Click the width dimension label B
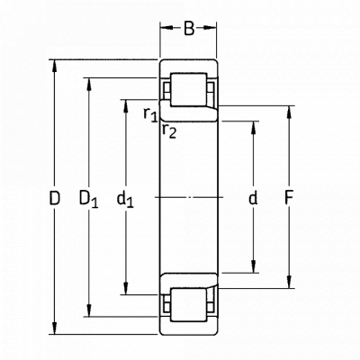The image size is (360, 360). click(189, 29)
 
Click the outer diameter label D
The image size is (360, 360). click(55, 198)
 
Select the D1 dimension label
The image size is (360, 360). click(88, 199)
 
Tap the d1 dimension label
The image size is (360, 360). click(125, 199)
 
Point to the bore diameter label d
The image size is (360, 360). click(253, 198)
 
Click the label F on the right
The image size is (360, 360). click(289, 198)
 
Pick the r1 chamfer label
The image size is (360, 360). click(150, 114)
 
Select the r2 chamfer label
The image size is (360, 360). click(169, 130)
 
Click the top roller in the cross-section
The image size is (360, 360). click(189, 89)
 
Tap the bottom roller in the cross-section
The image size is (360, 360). click(189, 305)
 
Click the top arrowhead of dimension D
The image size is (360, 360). click(54, 66)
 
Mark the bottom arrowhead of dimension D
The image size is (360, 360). click(54, 328)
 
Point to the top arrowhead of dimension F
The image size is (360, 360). click(289, 112)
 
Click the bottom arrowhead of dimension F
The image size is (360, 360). click(289, 283)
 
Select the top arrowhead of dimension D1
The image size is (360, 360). click(89, 84)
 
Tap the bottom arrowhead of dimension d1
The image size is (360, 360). click(126, 289)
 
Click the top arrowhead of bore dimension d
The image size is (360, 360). click(253, 127)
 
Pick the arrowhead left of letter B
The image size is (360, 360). click(166, 28)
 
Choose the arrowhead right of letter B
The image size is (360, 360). click(210, 28)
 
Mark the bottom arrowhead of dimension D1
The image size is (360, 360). click(89, 310)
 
